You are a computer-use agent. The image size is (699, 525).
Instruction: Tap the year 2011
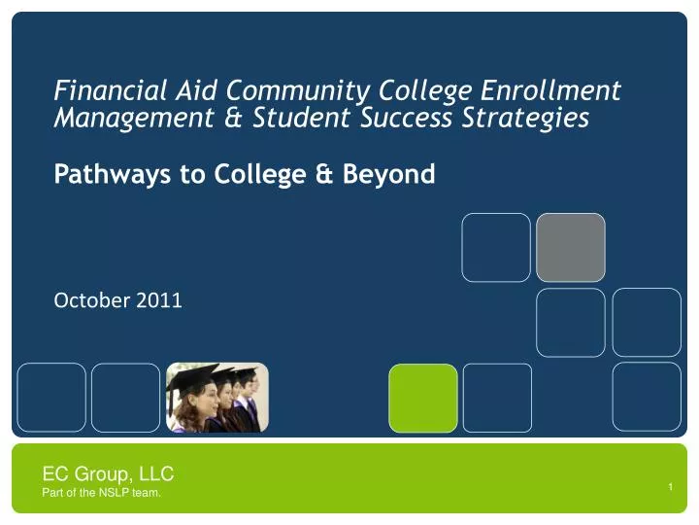pyautogui.click(x=159, y=300)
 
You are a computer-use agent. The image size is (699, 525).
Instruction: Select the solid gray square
pyautogui.click(x=571, y=247)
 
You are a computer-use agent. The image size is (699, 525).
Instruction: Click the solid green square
pyautogui.click(x=423, y=398)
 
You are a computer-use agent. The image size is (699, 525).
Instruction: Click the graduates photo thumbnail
pyautogui.click(x=216, y=398)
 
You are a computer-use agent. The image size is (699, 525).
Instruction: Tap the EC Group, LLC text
pyautogui.click(x=108, y=474)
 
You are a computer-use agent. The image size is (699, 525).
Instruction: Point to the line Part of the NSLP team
pyautogui.click(x=102, y=494)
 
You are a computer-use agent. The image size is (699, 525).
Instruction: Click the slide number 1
pyautogui.click(x=671, y=486)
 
